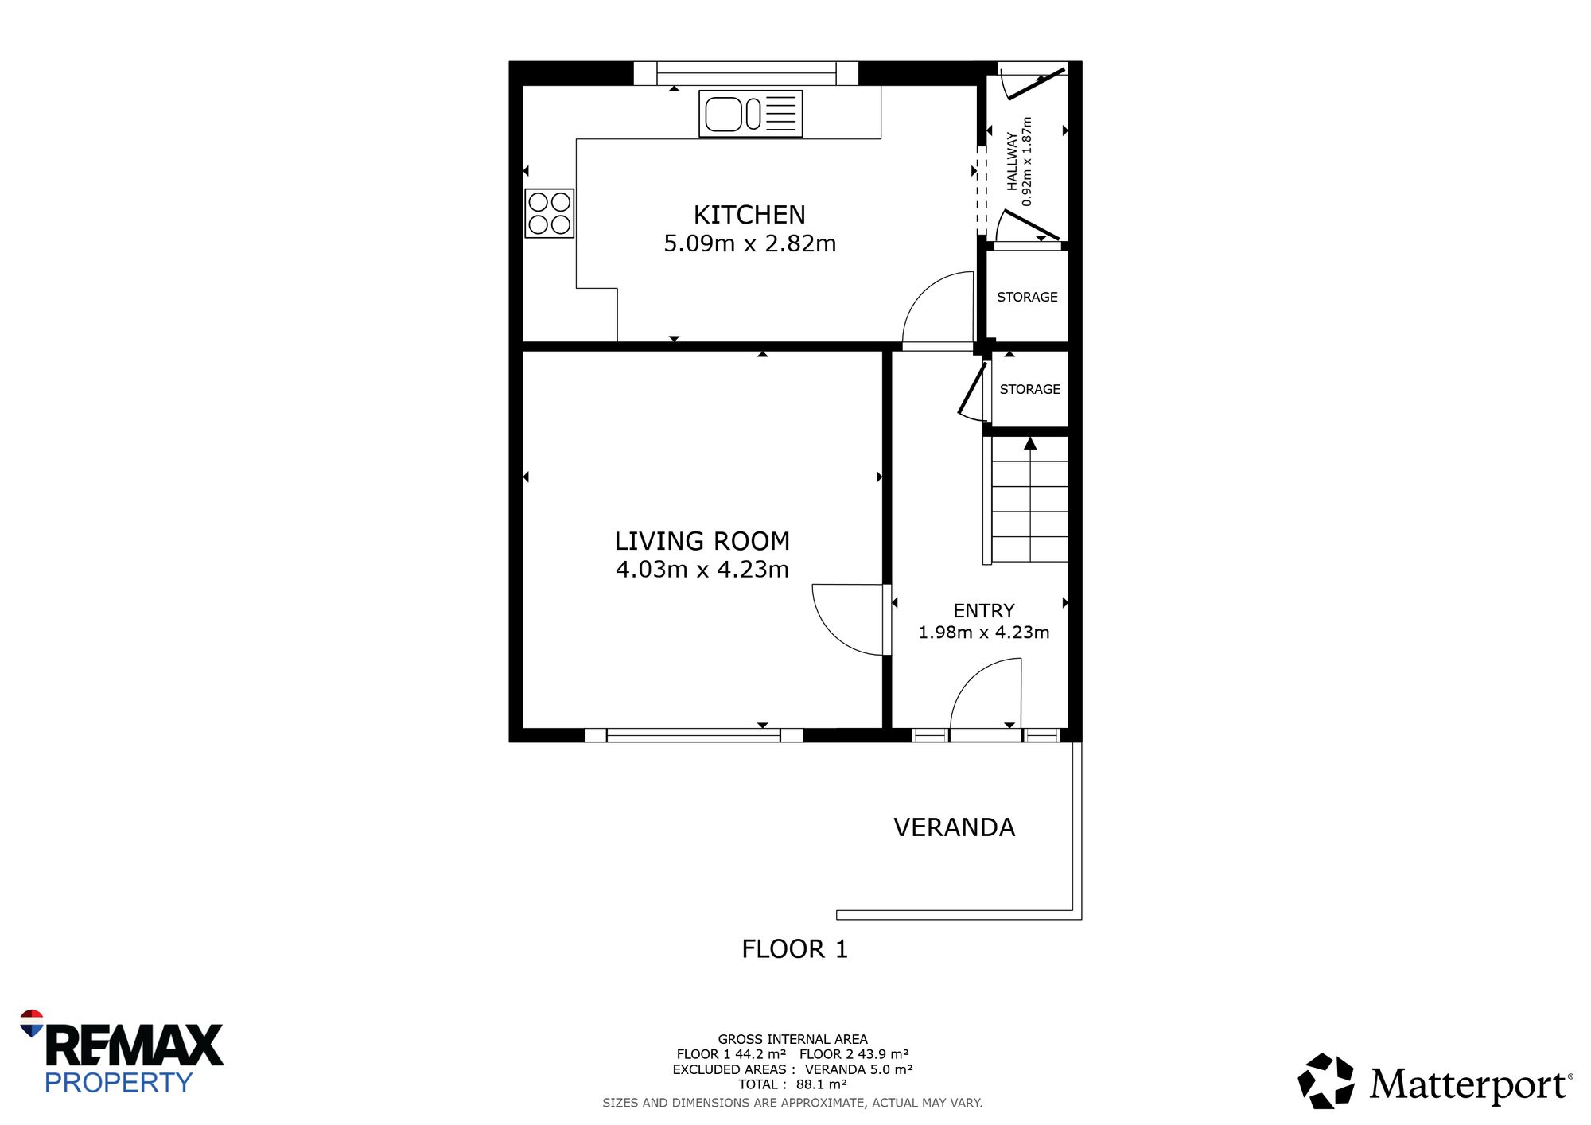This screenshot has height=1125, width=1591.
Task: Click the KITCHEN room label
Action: (749, 215)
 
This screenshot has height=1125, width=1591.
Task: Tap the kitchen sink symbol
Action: (750, 114)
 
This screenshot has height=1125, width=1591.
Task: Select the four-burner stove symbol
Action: (549, 213)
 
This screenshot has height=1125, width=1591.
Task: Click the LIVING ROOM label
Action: (702, 541)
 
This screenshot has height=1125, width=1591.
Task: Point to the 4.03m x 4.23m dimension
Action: (702, 570)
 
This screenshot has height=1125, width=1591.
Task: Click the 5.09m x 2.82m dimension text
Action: (750, 243)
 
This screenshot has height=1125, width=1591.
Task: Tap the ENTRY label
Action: (984, 611)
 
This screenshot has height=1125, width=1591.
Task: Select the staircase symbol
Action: (1026, 500)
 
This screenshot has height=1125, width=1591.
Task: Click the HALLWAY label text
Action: (1012, 162)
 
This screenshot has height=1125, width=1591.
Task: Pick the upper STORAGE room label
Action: (1027, 297)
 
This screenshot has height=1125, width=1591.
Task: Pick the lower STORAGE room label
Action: (1030, 389)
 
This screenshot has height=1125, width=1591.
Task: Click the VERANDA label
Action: (955, 827)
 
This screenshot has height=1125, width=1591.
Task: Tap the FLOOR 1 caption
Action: (795, 949)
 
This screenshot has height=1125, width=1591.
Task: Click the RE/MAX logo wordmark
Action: (134, 1045)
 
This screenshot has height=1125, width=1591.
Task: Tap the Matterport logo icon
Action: (1326, 1081)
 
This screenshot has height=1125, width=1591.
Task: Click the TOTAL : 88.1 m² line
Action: (792, 1084)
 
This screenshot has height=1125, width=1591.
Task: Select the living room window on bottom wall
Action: (694, 735)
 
